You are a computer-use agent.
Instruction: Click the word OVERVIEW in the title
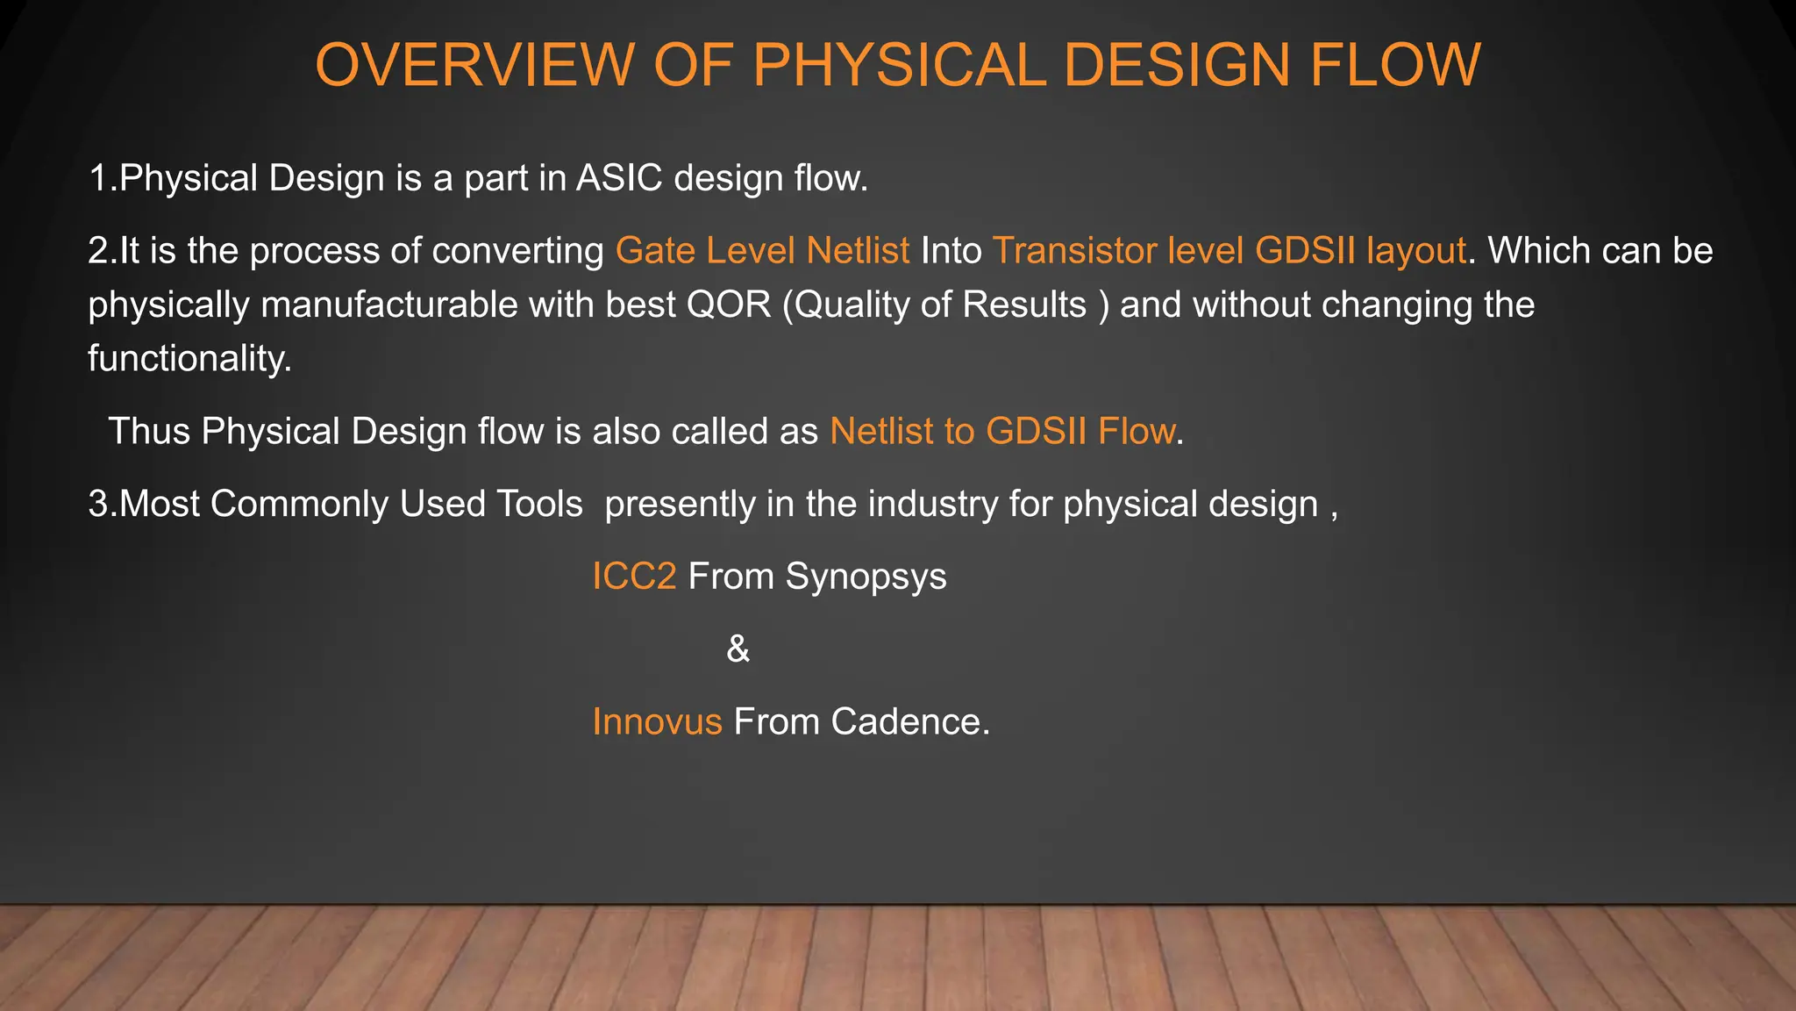(474, 65)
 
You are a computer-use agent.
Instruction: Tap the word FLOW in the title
(1394, 65)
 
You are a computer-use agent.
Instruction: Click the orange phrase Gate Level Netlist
(762, 251)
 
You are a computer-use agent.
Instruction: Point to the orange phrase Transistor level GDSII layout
(1229, 251)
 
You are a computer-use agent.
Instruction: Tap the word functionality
(189, 359)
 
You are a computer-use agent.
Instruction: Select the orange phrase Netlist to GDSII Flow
(1002, 432)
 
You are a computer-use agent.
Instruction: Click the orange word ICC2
(634, 577)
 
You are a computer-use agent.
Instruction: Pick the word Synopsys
(866, 577)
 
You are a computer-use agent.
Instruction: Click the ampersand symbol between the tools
(738, 649)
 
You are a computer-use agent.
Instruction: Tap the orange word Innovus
(657, 722)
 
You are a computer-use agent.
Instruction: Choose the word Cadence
(909, 722)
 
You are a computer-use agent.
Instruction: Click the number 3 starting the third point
(97, 505)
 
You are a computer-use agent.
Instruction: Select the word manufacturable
(417, 305)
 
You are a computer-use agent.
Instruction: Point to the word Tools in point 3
(539, 505)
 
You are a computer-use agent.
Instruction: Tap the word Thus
(149, 432)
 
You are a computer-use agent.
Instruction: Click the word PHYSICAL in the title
(899, 65)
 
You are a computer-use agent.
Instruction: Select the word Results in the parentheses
(1023, 305)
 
